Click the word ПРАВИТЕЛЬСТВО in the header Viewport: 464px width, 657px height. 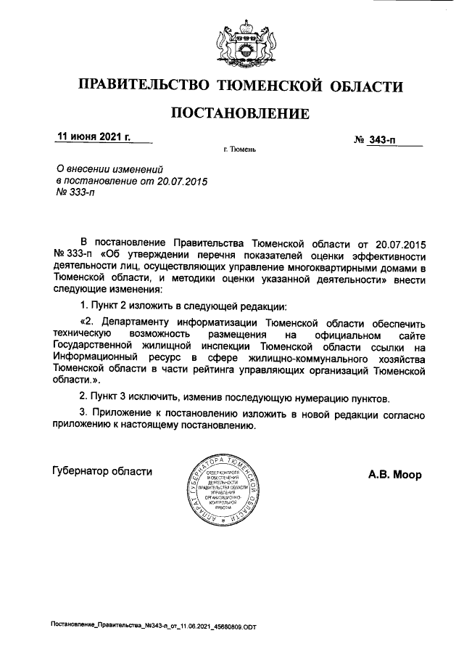point(139,88)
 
